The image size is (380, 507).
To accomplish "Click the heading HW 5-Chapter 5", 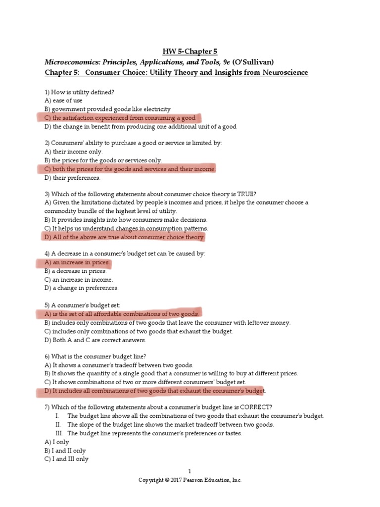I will pyautogui.click(x=190, y=51).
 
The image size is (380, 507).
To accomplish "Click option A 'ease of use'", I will pyautogui.click(x=63, y=101).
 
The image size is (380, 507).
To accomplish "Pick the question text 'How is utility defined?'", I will pyautogui.click(x=82, y=92).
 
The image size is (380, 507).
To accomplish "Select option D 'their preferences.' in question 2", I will pyautogui.click(x=72, y=178).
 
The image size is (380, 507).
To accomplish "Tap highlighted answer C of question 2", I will pyautogui.click(x=130, y=169).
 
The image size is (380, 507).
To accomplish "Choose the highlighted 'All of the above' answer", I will pyautogui.click(x=124, y=237).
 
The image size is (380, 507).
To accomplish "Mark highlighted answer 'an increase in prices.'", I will pyautogui.click(x=77, y=262).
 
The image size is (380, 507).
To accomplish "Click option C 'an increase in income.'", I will pyautogui.click(x=78, y=280).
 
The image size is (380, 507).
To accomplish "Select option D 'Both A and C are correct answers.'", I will pyautogui.click(x=95, y=340).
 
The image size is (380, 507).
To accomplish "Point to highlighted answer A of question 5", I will pyautogui.click(x=122, y=314).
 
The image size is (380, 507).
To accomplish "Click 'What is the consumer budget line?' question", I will pyautogui.click(x=95, y=356).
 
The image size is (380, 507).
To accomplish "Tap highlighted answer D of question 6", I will pyautogui.click(x=154, y=391).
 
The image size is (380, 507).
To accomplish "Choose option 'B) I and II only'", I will pyautogui.click(x=65, y=451).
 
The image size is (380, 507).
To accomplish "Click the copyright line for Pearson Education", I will pyautogui.click(x=190, y=480).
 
